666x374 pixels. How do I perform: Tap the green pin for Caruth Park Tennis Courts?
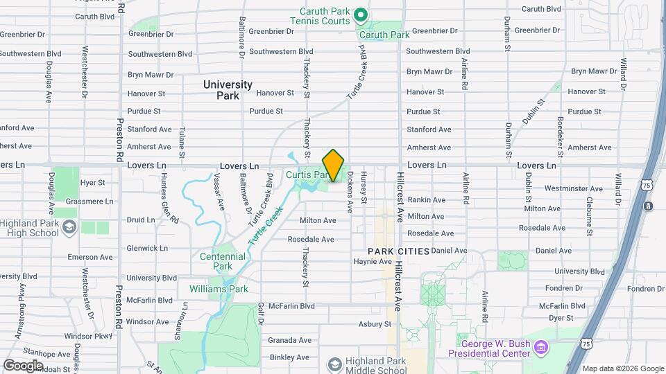tap(360, 14)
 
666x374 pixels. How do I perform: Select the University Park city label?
tap(228, 89)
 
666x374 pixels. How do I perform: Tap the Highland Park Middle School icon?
tap(334, 364)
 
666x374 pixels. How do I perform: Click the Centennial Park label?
tap(222, 260)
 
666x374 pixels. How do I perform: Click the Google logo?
tap(23, 365)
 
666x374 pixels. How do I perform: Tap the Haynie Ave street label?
tap(373, 262)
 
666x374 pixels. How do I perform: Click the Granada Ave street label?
tap(289, 340)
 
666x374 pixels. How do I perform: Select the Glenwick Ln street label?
tap(147, 248)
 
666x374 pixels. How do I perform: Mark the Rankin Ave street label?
tap(426, 199)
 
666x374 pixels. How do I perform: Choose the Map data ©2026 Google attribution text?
tap(622, 368)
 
